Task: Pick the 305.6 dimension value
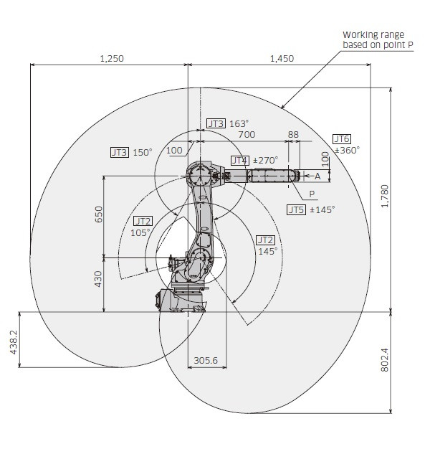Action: pyautogui.click(x=206, y=360)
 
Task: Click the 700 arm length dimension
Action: pyautogui.click(x=247, y=134)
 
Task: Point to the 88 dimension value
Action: pyautogui.click(x=292, y=134)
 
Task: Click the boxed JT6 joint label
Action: pyautogui.click(x=342, y=138)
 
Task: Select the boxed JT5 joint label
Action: pyautogui.click(x=297, y=210)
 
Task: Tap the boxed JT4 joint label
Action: pyautogui.click(x=240, y=160)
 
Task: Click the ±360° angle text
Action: pyautogui.click(x=347, y=150)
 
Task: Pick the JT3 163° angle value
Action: pyautogui.click(x=239, y=123)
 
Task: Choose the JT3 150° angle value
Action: pyautogui.click(x=143, y=152)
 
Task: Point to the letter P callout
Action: pyautogui.click(x=312, y=194)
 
